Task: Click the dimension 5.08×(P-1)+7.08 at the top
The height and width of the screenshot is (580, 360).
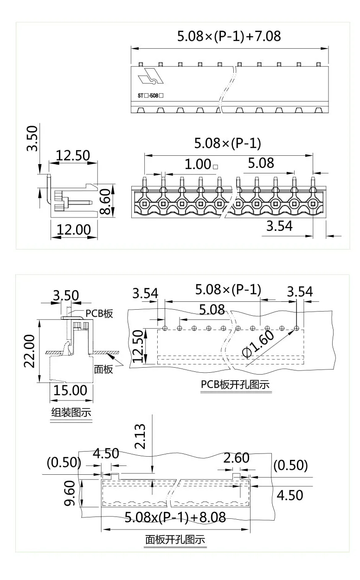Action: tap(229, 36)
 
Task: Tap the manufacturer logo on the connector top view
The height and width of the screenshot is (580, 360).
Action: tap(153, 76)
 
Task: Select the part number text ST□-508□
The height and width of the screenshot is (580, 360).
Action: tap(151, 95)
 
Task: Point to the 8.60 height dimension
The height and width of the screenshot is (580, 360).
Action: tap(106, 200)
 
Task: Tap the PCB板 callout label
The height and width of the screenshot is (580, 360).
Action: tap(99, 313)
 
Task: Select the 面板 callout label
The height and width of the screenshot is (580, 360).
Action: tap(103, 369)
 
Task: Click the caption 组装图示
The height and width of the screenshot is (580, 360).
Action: tap(71, 412)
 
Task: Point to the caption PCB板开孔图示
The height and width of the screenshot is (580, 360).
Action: tap(235, 385)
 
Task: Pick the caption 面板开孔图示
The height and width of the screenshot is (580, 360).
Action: tap(175, 540)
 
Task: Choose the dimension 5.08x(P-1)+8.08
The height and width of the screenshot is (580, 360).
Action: tap(175, 517)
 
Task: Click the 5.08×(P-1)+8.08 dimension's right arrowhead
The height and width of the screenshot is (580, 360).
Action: tap(248, 529)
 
